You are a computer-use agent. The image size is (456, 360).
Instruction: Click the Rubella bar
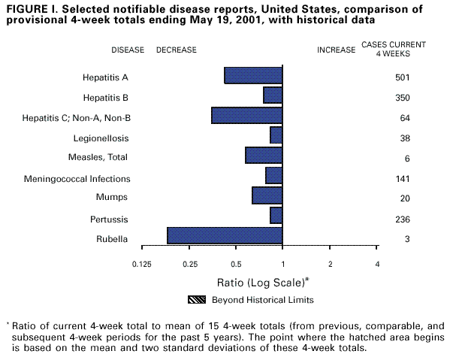(225, 235)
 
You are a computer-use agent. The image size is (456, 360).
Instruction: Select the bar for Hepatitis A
(253, 76)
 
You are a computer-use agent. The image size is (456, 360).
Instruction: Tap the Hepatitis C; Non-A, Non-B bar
(247, 116)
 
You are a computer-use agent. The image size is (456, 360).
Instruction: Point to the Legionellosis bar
(276, 135)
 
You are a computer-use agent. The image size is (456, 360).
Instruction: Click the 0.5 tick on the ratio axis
(236, 265)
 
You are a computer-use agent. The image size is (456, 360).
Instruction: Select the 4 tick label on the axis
(377, 265)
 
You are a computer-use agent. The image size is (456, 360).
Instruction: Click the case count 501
(401, 77)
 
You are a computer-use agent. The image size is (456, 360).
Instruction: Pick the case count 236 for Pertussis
(401, 219)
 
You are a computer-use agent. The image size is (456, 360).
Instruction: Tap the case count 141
(401, 179)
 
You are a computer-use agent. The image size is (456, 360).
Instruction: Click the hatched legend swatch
(198, 299)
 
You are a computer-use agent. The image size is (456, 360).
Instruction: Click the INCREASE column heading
(336, 50)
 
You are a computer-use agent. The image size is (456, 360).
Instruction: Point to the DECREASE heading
(176, 50)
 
